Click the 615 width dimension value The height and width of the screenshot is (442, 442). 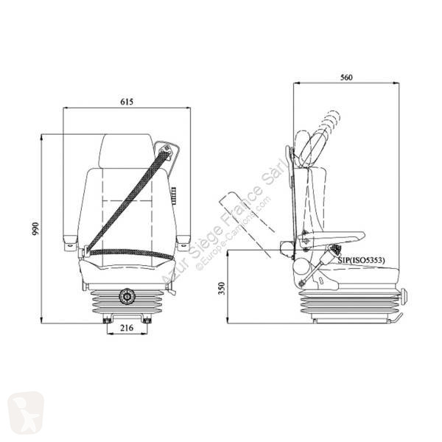(127, 102)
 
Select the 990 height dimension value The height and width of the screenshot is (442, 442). (35, 228)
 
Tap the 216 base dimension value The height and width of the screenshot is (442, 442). (127, 328)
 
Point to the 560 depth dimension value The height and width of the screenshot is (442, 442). (346, 77)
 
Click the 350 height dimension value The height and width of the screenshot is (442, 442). (222, 288)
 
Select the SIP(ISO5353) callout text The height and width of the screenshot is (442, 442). (362, 260)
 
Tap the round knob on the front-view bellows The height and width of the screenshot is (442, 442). (127, 296)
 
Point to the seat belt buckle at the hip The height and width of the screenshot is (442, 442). (85, 251)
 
